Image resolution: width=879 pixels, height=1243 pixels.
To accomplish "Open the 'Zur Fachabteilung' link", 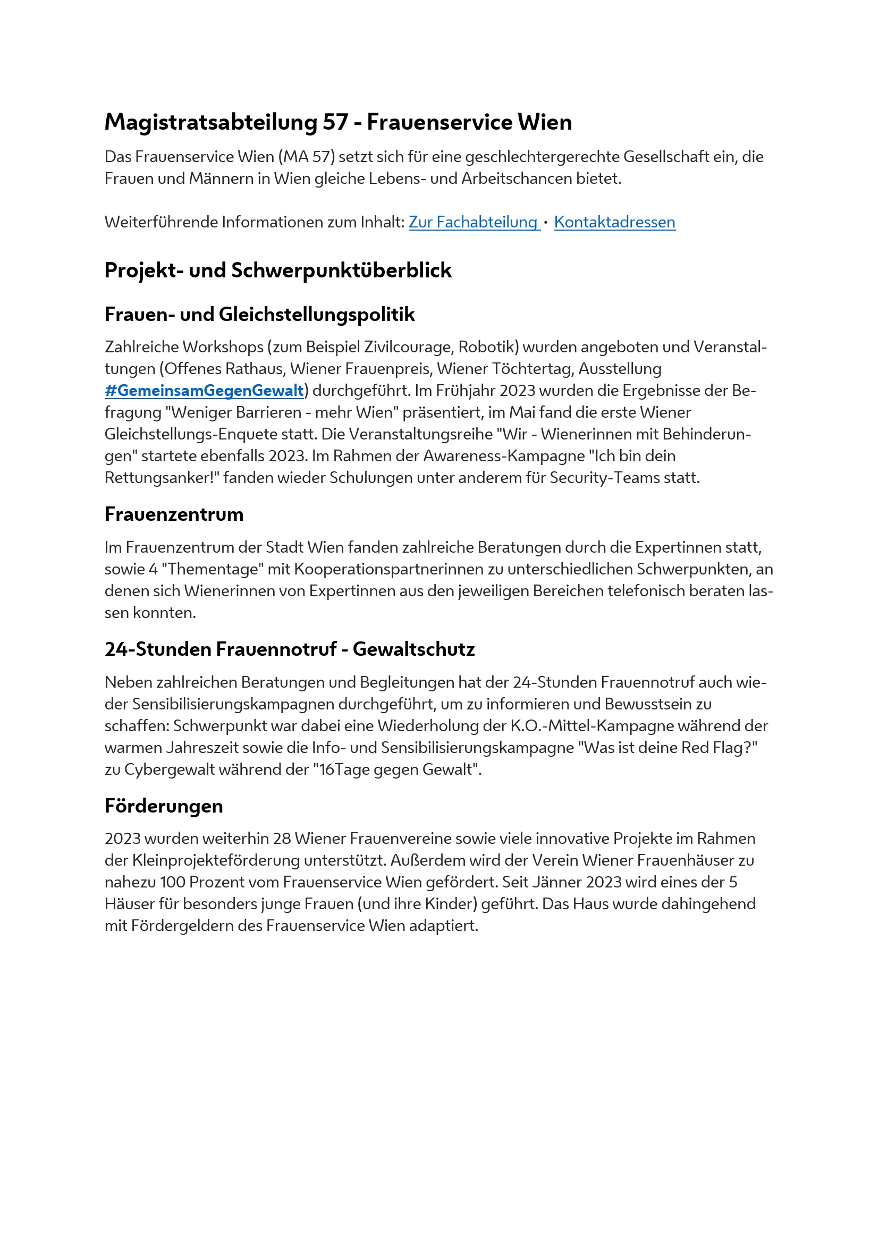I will [x=473, y=222].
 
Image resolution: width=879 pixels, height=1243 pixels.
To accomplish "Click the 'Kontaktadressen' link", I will [x=614, y=222].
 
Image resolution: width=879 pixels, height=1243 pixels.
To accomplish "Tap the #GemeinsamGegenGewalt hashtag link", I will [x=204, y=391].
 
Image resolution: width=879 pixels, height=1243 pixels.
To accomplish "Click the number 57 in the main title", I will [x=335, y=122].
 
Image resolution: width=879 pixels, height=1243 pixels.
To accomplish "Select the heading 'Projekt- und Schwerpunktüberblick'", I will [x=277, y=270].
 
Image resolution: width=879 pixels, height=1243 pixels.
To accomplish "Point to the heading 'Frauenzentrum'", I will [x=174, y=514].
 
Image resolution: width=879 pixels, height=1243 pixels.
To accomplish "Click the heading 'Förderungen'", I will [x=164, y=806].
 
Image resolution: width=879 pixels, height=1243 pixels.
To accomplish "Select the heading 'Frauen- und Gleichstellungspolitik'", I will [x=259, y=314].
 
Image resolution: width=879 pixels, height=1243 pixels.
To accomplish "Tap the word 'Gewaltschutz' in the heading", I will [x=413, y=648].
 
